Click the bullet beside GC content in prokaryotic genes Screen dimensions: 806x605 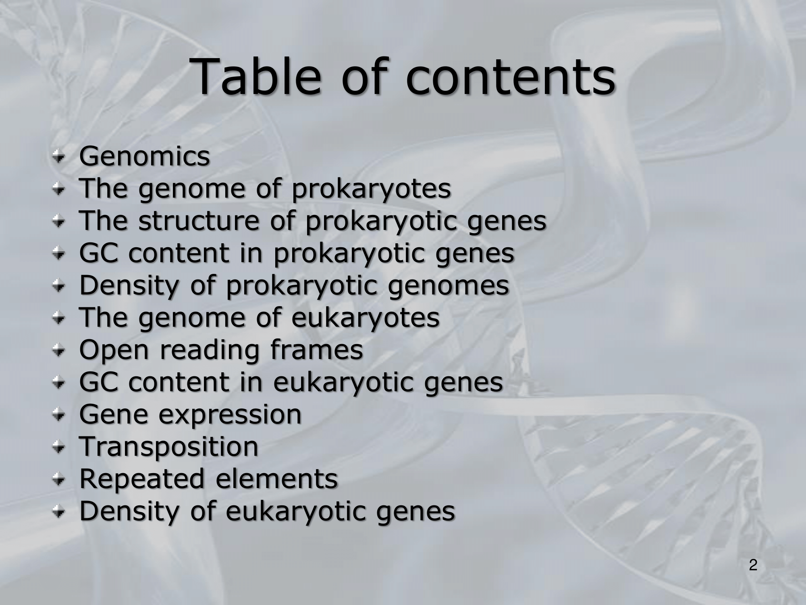(x=60, y=254)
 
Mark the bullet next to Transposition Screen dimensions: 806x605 (x=60, y=447)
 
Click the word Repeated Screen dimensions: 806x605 (x=142, y=479)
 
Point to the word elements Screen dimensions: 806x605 (x=277, y=479)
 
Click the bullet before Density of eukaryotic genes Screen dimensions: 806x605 (x=60, y=512)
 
